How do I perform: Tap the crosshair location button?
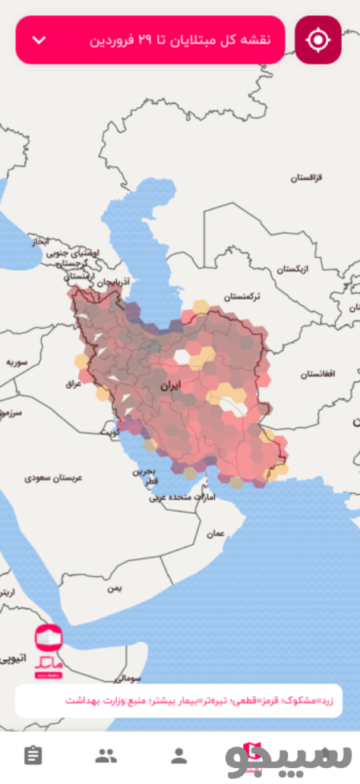pyautogui.click(x=318, y=40)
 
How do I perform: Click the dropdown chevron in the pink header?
pyautogui.click(x=39, y=40)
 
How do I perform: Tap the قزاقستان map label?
pyautogui.click(x=307, y=178)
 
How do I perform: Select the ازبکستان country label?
pyautogui.click(x=292, y=269)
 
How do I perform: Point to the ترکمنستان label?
pyautogui.click(x=242, y=297)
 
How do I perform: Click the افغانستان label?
pyautogui.click(x=317, y=373)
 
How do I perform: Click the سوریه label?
pyautogui.click(x=17, y=361)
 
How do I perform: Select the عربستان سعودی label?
pyautogui.click(x=54, y=478)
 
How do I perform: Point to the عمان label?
pyautogui.click(x=216, y=533)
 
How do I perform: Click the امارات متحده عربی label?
pyautogui.click(x=175, y=498)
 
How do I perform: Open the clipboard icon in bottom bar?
pyautogui.click(x=33, y=756)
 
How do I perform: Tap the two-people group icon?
pyautogui.click(x=106, y=756)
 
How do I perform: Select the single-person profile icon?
pyautogui.click(x=179, y=756)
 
